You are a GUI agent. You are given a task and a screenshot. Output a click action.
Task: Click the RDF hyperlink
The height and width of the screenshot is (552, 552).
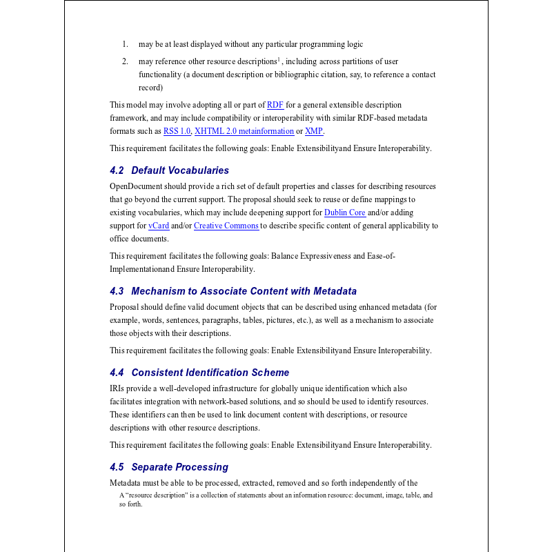[275, 105]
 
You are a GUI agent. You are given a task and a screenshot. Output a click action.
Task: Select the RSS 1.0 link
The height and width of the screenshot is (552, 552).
[177, 131]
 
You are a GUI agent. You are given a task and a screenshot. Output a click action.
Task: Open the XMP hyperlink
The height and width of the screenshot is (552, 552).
[314, 131]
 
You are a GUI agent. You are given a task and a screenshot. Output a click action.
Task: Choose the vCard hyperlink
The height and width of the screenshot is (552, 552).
[159, 226]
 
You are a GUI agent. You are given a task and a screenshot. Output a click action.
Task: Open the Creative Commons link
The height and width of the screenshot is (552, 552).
[226, 226]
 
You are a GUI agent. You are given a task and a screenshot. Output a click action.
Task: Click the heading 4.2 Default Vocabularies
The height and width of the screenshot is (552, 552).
[169, 170]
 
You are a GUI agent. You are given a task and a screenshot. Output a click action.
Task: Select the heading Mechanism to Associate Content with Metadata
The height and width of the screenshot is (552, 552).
[244, 291]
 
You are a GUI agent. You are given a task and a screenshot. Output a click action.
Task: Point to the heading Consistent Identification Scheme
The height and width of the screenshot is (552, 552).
[210, 373]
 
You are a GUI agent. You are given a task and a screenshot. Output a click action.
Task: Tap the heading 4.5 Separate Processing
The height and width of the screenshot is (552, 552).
[168, 467]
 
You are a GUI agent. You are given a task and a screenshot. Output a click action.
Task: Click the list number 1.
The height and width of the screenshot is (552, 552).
[125, 45]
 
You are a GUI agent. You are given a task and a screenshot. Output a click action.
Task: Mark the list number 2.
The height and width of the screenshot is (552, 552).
[125, 61]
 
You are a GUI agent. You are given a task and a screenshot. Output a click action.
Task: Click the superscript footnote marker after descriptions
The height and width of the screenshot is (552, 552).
[279, 59]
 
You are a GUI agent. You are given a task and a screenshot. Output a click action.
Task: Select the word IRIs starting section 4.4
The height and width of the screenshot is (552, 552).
[117, 388]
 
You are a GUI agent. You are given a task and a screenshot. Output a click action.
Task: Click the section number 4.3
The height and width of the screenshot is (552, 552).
[117, 291]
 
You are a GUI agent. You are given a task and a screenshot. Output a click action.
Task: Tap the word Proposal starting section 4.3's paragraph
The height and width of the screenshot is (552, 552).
[124, 307]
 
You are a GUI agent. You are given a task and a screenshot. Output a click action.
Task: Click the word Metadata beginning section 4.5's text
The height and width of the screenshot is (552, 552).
[127, 483]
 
